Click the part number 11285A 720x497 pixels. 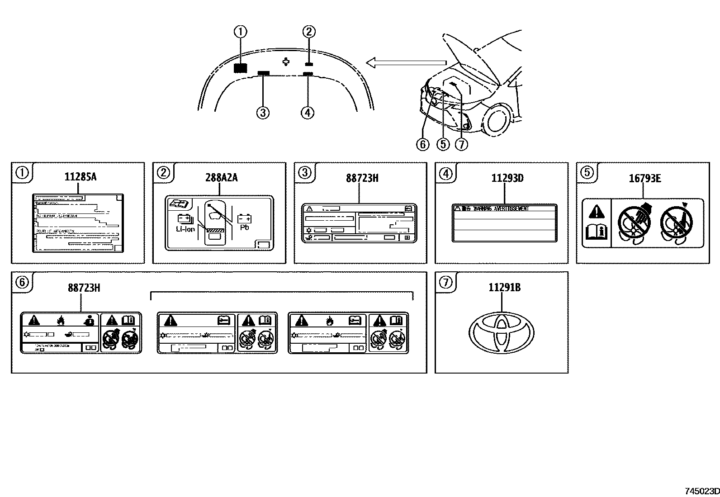[x=80, y=177]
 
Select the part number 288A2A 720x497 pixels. [x=222, y=178]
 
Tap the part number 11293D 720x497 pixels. [x=507, y=178]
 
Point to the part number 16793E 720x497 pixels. [x=644, y=178]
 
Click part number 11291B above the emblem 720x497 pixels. [x=504, y=287]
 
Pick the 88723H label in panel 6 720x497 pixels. [x=84, y=288]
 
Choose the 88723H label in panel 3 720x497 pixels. [x=362, y=178]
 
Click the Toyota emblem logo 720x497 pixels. [x=501, y=333]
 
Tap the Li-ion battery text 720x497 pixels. [x=185, y=229]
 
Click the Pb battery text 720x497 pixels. [x=245, y=228]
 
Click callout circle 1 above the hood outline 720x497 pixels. [x=241, y=32]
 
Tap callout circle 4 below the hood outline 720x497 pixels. [x=307, y=112]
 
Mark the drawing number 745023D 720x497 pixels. [x=701, y=491]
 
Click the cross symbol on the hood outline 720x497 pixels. [x=286, y=62]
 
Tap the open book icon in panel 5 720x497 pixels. [x=596, y=232]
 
